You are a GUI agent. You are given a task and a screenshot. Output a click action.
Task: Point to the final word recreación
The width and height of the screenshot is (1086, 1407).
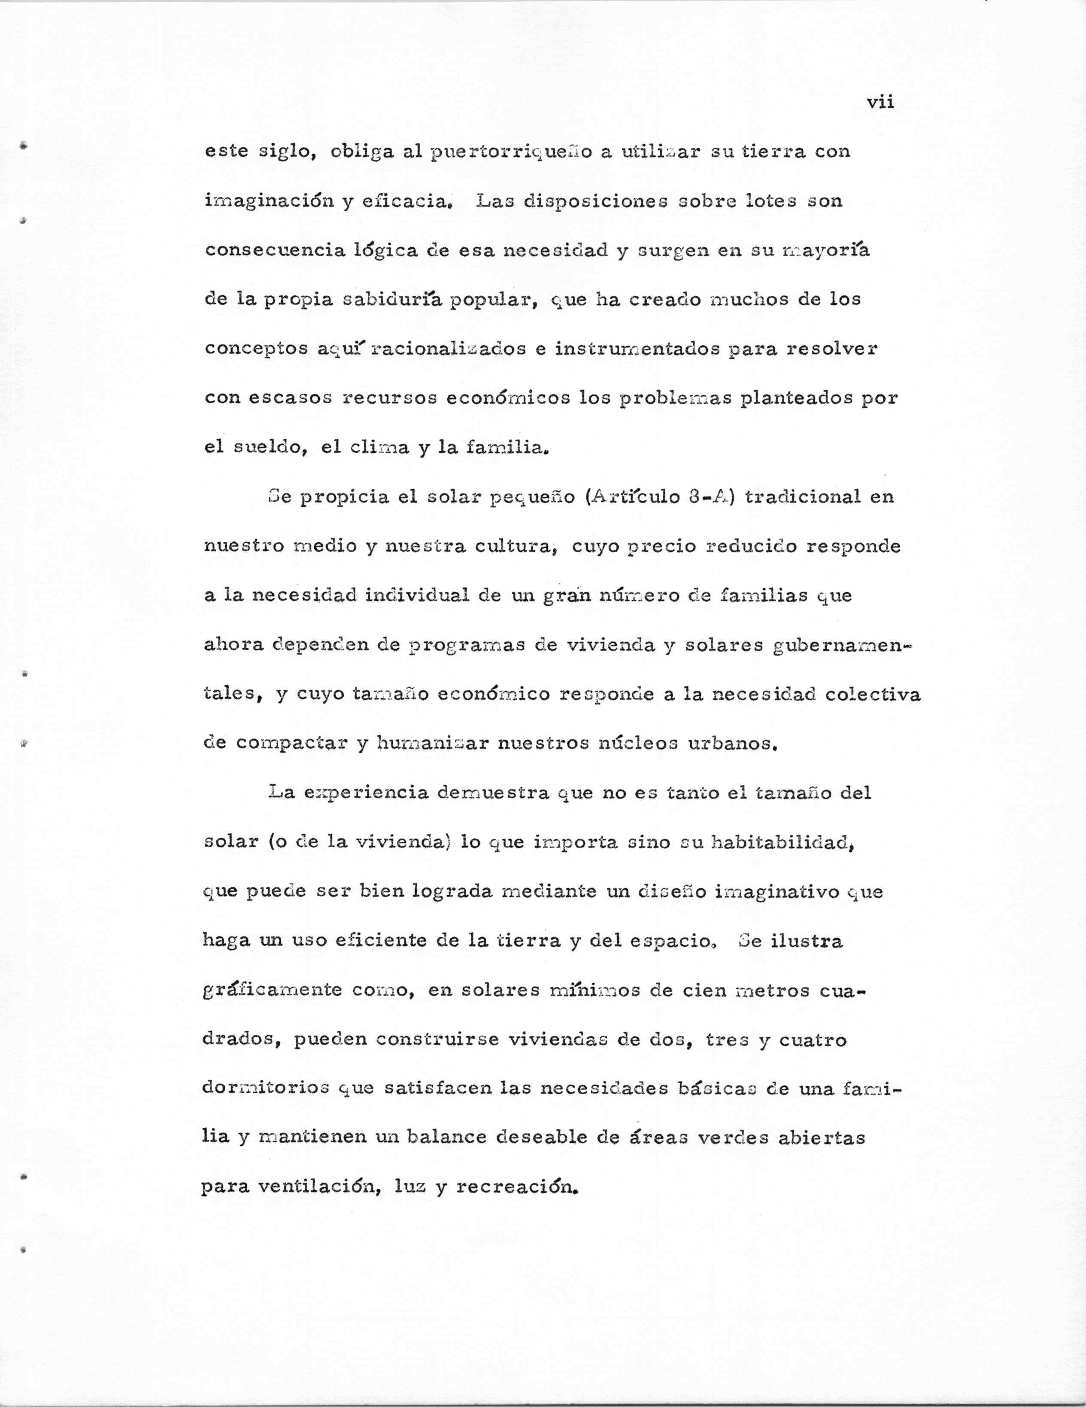point(515,1187)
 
